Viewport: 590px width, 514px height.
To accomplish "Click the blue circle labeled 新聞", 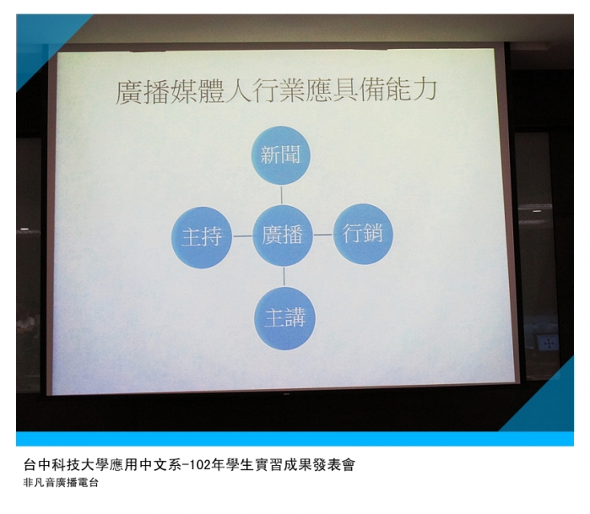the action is click(x=281, y=155).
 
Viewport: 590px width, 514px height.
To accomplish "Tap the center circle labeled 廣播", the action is click(x=283, y=235).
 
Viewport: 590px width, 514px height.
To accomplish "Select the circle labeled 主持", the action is click(x=202, y=237).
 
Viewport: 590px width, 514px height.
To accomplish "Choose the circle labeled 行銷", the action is click(x=363, y=234).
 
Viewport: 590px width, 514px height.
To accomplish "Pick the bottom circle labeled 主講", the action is click(x=284, y=318).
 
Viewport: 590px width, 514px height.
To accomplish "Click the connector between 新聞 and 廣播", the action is click(x=281, y=195).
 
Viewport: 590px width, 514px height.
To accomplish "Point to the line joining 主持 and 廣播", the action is click(x=242, y=236).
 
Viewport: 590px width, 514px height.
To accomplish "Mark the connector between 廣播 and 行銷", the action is click(x=322, y=235).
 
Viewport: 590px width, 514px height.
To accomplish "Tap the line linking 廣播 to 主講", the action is click(x=284, y=277).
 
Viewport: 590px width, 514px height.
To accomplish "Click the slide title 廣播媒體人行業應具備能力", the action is click(x=276, y=91).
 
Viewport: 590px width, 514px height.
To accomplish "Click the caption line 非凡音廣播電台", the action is click(x=61, y=483).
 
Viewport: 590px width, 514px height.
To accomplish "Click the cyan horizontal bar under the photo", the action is click(x=295, y=439).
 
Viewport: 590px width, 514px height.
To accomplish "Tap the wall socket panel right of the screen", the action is click(x=549, y=343).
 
